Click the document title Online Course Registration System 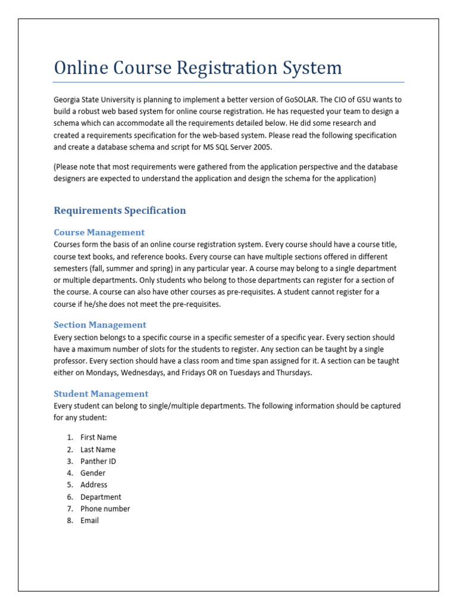[198, 67]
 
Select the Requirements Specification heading [120, 210]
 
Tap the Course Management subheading [99, 232]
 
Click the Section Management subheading [99, 325]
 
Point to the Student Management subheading [101, 394]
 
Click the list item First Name [98, 437]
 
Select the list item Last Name [98, 450]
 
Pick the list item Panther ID [98, 461]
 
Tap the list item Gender [93, 473]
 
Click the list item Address [94, 485]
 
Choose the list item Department [101, 497]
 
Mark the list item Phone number [105, 509]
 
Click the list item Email [89, 521]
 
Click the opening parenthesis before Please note [55, 167]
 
